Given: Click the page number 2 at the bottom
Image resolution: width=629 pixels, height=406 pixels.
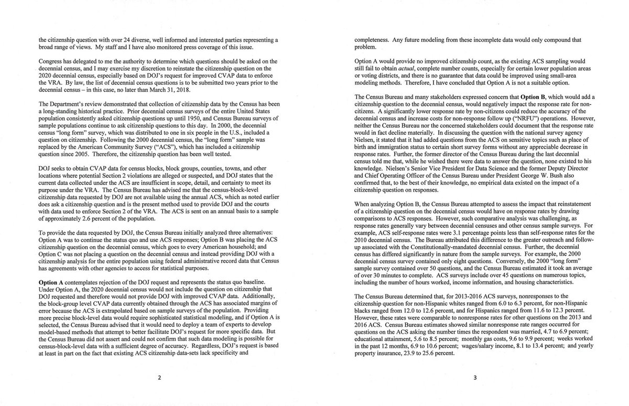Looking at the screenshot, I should [159, 381].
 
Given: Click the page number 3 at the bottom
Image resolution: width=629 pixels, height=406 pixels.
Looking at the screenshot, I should [473, 381].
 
